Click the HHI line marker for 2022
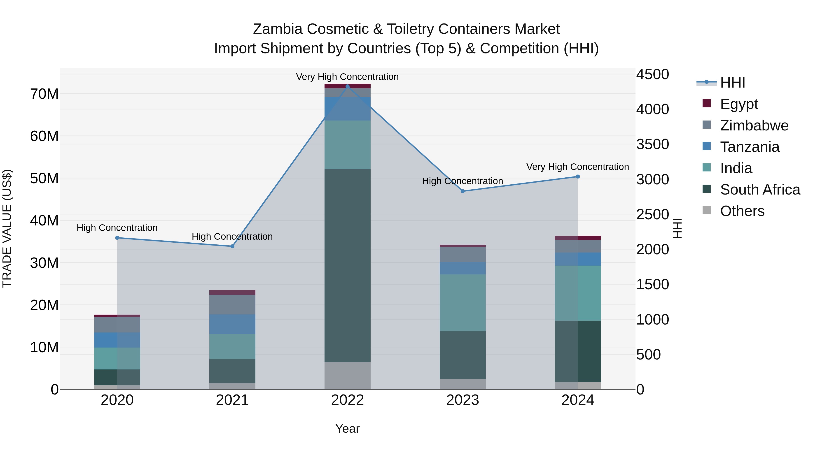pyautogui.click(x=348, y=86)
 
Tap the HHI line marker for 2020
pyautogui.click(x=117, y=238)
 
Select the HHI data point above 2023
pyautogui.click(x=463, y=191)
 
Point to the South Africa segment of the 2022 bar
pyautogui.click(x=348, y=265)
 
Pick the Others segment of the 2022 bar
pyautogui.click(x=348, y=375)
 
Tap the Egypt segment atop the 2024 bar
pyautogui.click(x=578, y=238)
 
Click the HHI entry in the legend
pyautogui.click(x=732, y=83)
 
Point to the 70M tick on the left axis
pyautogui.click(x=44, y=94)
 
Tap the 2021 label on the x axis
pyautogui.click(x=232, y=400)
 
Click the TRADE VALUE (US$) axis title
pyautogui.click(x=7, y=228)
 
